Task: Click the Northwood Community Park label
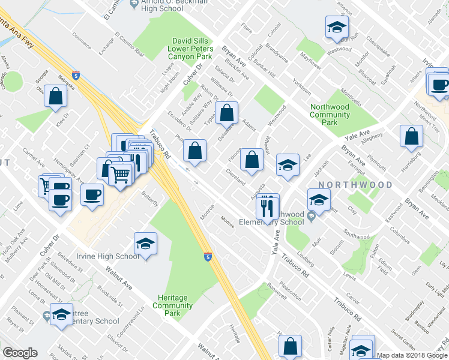[x=329, y=114]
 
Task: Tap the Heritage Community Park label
[x=172, y=305]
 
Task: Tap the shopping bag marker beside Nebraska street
[x=56, y=95]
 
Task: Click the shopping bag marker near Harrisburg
[x=412, y=136]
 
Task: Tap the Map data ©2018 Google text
[x=412, y=355]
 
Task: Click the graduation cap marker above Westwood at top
[x=336, y=26]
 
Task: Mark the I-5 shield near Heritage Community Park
[x=207, y=256]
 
